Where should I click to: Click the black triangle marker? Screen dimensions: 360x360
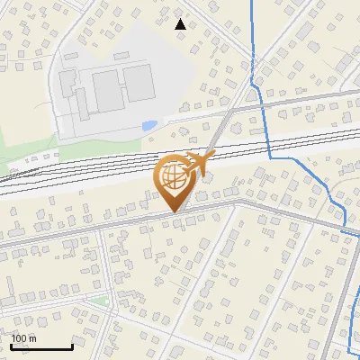click(x=181, y=24)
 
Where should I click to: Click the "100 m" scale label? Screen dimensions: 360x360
click(x=23, y=338)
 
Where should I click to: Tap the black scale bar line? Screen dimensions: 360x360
click(x=41, y=346)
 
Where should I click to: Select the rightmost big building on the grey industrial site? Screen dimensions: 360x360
click(x=138, y=83)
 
